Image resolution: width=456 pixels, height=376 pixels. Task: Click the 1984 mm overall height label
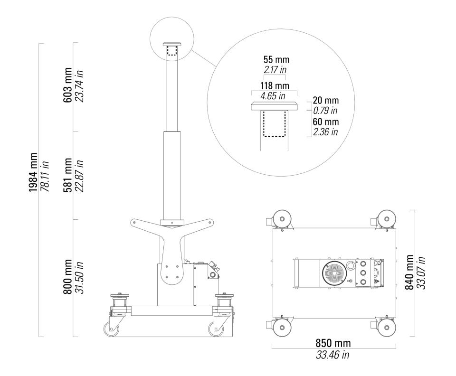point(33,172)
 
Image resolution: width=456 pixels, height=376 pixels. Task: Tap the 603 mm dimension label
point(67,85)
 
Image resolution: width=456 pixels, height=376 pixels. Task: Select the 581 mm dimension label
point(67,175)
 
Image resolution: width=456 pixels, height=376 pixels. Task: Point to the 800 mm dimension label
point(67,277)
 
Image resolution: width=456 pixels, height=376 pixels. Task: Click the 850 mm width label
point(333,343)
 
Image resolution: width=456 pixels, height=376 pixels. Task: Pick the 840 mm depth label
point(409,272)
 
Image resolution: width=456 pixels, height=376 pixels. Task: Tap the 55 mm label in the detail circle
point(276,59)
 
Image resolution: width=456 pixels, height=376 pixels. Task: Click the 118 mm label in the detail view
point(275,86)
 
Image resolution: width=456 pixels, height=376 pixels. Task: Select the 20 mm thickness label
point(326,100)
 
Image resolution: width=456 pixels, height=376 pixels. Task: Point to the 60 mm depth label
point(326,122)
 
